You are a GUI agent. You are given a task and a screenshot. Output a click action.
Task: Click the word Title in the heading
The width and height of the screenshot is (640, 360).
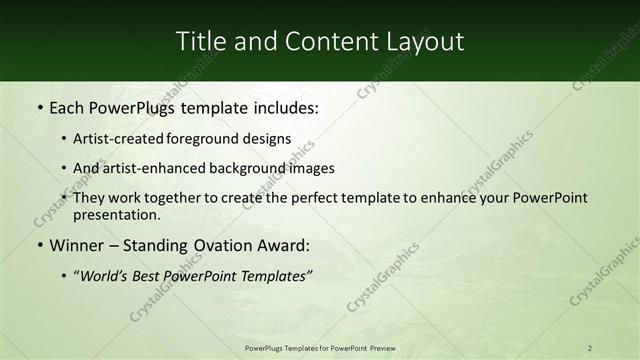(x=200, y=41)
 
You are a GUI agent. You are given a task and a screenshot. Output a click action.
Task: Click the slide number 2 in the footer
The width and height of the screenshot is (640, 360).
(x=590, y=347)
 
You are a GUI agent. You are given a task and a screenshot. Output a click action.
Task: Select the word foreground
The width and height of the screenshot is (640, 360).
(x=210, y=139)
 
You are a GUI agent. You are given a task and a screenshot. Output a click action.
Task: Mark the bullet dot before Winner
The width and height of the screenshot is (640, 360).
(x=38, y=245)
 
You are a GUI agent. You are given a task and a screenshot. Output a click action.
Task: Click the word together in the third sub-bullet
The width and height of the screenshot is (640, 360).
(x=177, y=198)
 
